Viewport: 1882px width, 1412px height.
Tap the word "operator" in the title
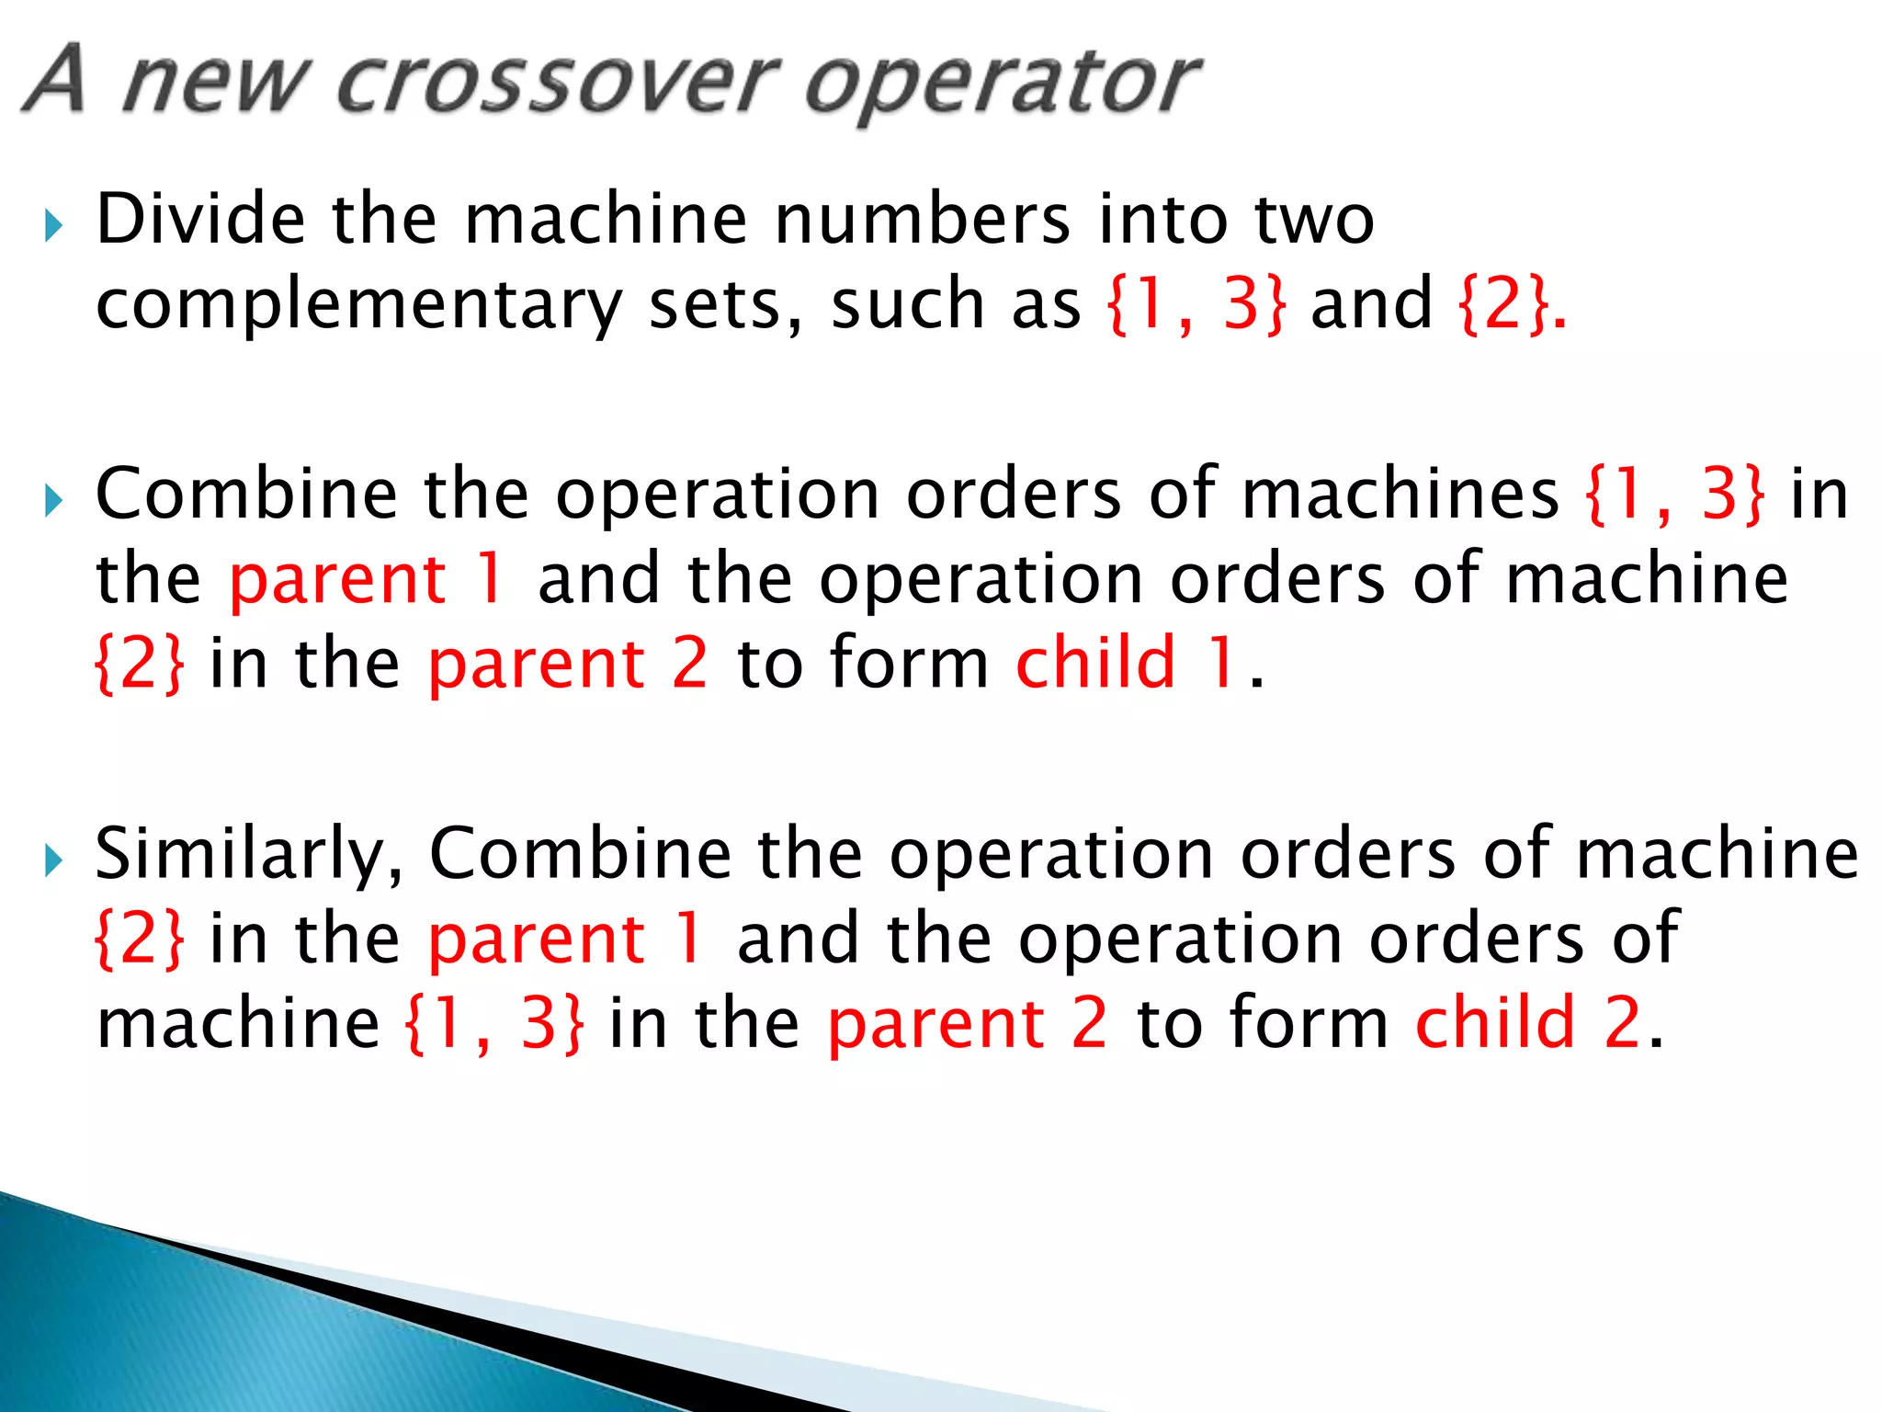[1002, 85]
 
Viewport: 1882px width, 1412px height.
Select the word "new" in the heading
[212, 85]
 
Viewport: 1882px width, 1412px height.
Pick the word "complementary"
[359, 305]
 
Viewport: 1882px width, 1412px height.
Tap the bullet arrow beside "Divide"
[54, 225]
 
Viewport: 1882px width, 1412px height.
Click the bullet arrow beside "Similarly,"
[54, 861]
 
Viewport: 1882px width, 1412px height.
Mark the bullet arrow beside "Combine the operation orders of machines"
[54, 501]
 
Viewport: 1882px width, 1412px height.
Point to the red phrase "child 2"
[1528, 1022]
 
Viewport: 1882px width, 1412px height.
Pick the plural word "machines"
[1400, 495]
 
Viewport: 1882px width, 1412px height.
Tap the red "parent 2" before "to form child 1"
[568, 664]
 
